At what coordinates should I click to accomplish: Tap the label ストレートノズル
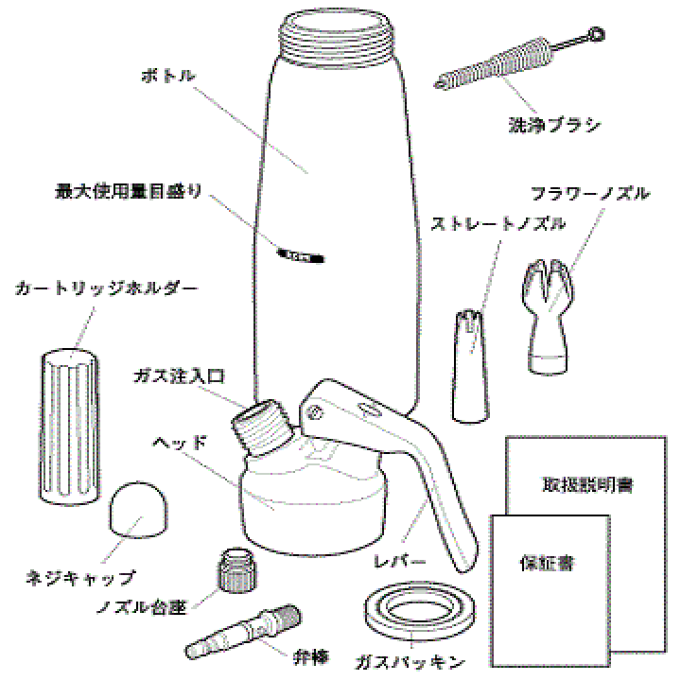498,224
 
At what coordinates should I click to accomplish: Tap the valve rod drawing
241,633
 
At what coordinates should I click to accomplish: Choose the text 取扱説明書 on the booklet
587,485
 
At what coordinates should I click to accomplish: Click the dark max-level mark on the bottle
303,253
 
